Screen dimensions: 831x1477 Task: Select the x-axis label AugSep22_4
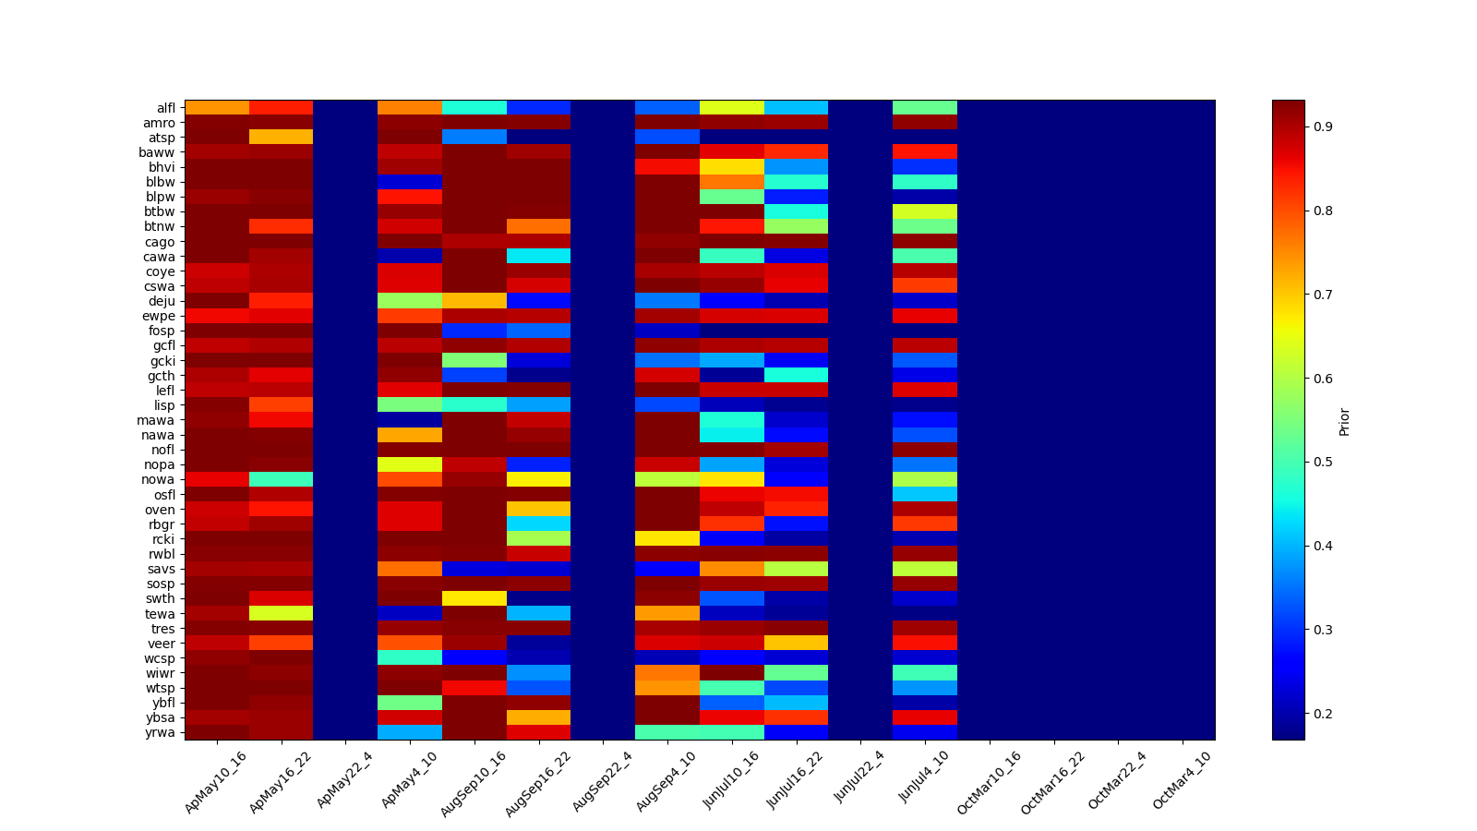pos(603,780)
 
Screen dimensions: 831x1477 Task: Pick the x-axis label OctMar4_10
pos(1183,780)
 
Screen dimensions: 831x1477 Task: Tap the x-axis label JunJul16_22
pos(796,780)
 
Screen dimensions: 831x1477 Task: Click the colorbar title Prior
pos(1344,421)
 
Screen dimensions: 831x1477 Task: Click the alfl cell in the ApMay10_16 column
pos(217,107)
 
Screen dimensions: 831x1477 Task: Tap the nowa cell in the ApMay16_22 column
pos(281,479)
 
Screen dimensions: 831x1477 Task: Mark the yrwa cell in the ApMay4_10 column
pos(410,732)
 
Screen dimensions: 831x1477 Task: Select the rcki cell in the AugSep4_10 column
pos(667,538)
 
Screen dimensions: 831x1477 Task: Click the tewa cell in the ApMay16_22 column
pos(281,613)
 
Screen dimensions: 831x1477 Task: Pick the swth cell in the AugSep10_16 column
pos(474,598)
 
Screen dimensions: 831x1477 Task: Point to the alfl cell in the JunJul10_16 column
pos(732,107)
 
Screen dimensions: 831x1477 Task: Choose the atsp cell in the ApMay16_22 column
pos(281,137)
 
